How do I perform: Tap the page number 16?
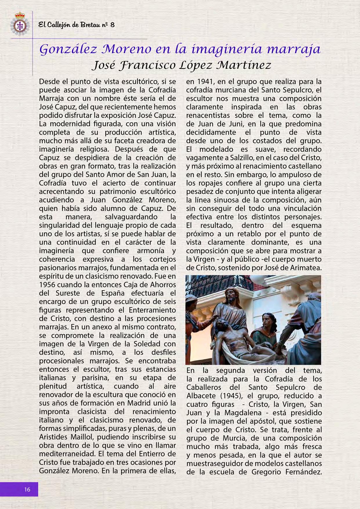(x=27, y=489)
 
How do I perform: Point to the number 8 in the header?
(x=113, y=25)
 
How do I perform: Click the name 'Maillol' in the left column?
(x=93, y=437)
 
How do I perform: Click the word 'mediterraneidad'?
(x=68, y=454)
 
